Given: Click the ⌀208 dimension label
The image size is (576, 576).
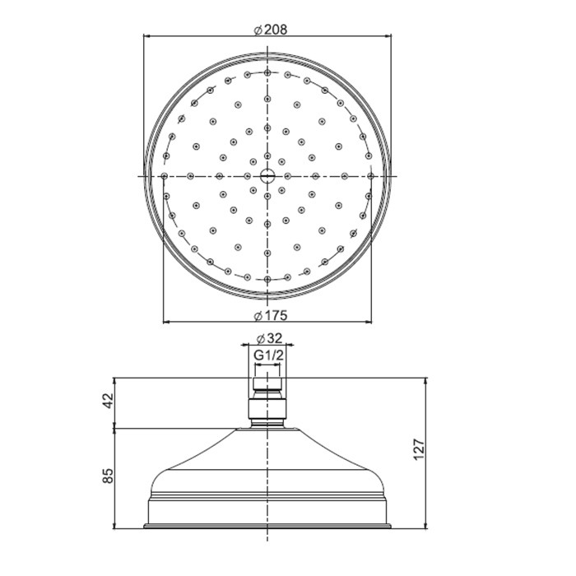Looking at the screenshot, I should (270, 30).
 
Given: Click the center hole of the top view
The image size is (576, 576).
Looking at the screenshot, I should (267, 175).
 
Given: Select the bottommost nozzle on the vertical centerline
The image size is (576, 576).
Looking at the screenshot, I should (267, 279).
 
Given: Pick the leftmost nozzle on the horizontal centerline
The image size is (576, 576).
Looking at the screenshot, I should (165, 175).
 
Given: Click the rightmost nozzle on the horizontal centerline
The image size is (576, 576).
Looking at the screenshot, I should (371, 175).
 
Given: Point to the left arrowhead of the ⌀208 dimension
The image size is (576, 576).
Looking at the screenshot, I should (148, 36).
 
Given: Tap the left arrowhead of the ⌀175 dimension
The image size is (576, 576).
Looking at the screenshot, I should (168, 322).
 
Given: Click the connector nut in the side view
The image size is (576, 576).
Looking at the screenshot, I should (267, 409).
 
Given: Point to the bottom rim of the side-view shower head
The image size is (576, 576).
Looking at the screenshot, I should (267, 524).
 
